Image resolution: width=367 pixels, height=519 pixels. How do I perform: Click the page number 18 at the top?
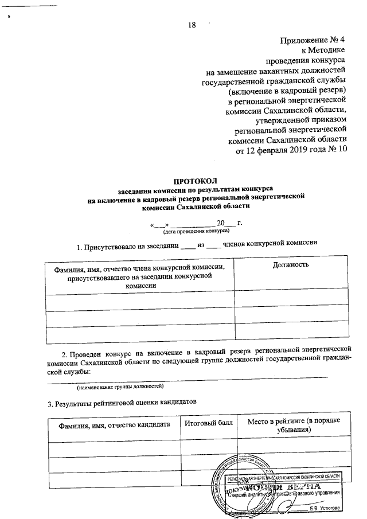click(192, 24)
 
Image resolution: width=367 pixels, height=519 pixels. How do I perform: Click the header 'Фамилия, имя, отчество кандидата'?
click(114, 424)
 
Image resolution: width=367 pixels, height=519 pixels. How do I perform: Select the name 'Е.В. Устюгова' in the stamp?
click(325, 508)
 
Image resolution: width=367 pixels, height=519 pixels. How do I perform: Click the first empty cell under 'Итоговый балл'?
click(209, 450)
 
